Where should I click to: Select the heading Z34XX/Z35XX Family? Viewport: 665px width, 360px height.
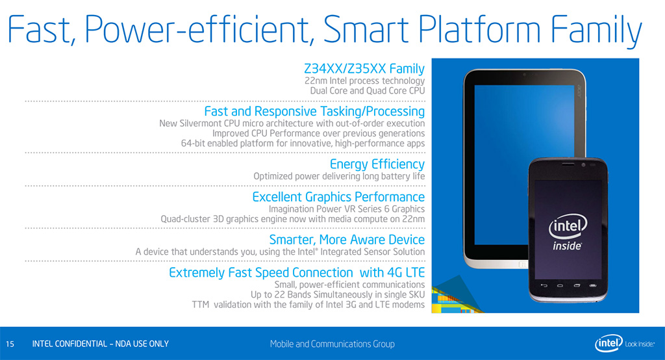364,68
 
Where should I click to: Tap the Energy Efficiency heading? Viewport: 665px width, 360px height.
377,164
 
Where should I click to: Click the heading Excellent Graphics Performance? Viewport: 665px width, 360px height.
338,197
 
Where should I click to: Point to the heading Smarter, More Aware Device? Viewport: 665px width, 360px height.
347,240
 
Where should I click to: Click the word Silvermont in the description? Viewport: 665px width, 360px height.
200,123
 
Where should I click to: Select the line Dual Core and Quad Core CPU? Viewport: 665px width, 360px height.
368,91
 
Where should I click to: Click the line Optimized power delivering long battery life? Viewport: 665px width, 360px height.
339,177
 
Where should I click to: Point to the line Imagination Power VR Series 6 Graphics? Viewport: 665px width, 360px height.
347,209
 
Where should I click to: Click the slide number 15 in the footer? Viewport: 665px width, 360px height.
10,344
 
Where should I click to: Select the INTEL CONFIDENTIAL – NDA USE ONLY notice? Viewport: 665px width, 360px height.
101,344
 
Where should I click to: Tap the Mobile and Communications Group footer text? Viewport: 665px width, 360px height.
332,344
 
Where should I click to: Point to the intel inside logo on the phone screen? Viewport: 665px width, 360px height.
568,232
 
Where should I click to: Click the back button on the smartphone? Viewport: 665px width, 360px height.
544,285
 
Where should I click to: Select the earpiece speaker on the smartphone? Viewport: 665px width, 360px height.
568,164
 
